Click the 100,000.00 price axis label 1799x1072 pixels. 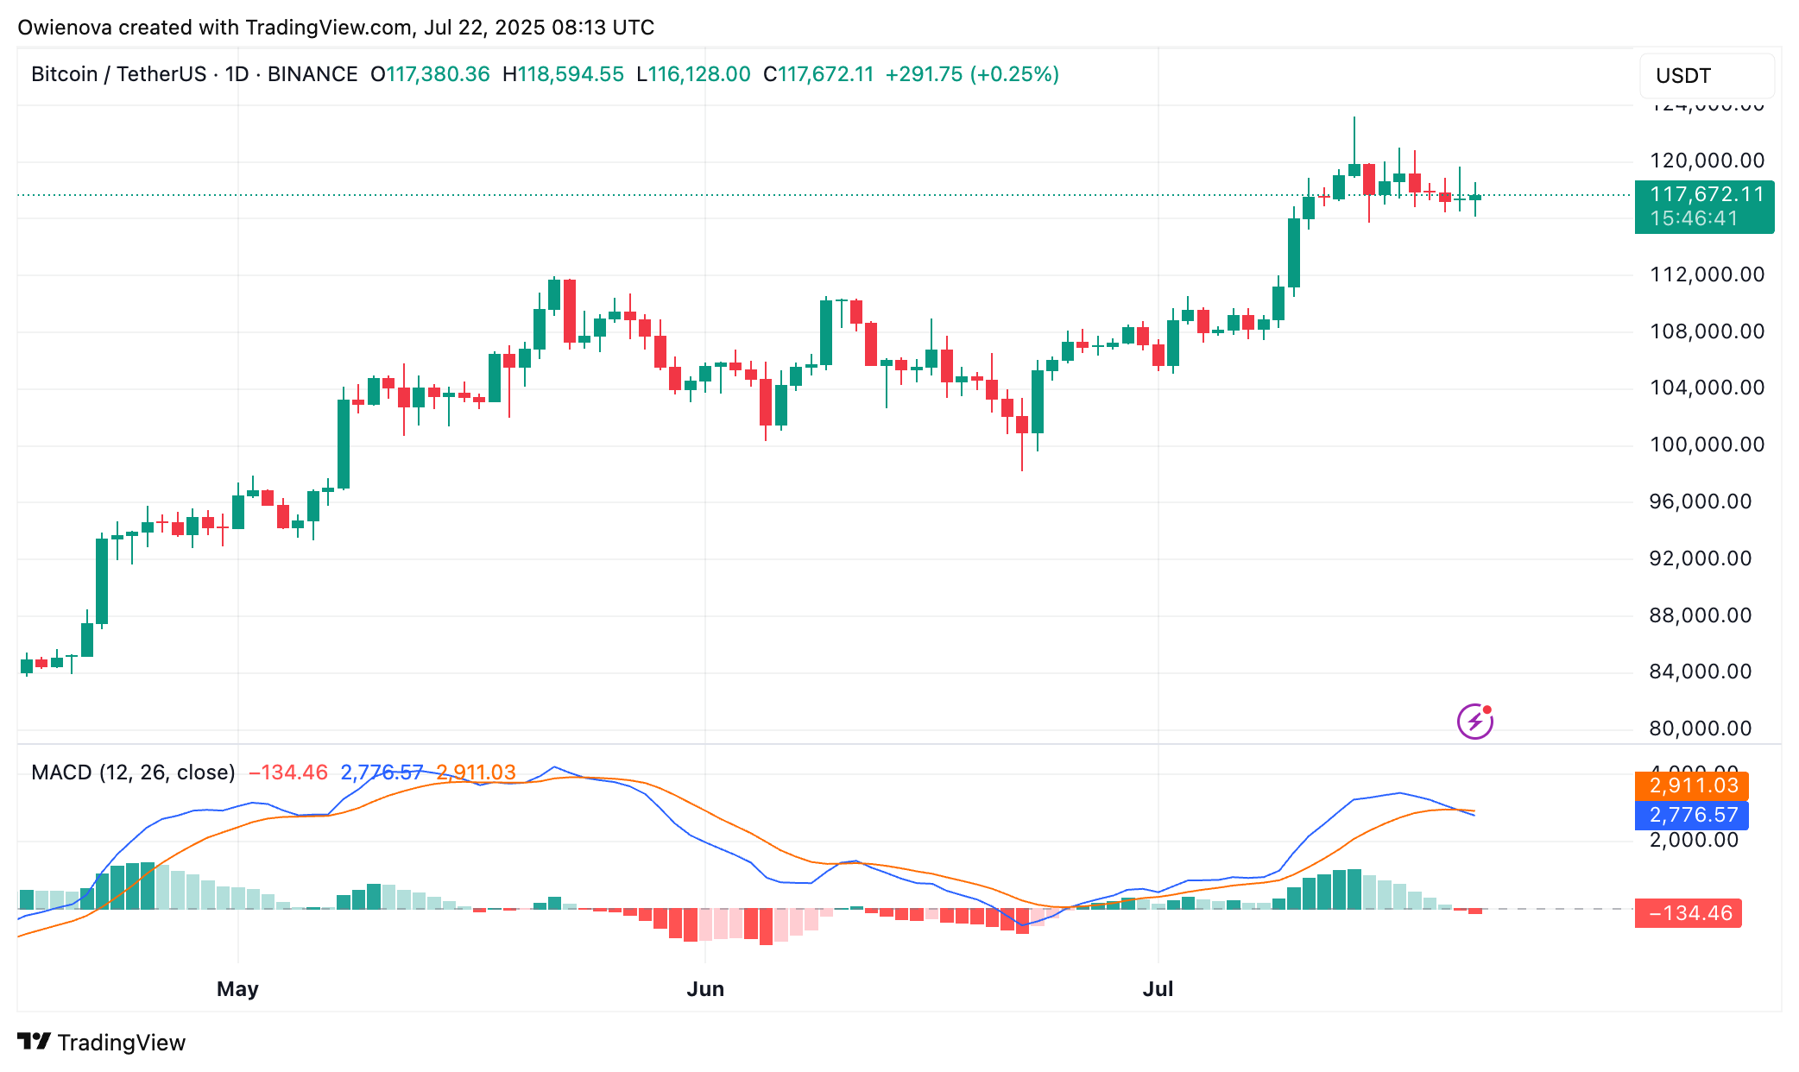point(1707,445)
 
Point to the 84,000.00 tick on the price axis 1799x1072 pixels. point(1700,672)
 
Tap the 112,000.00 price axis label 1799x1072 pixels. point(1707,275)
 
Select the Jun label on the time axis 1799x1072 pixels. point(705,989)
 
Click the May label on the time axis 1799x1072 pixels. point(237,989)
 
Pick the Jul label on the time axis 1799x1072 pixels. point(1158,989)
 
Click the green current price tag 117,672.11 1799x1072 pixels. point(1704,206)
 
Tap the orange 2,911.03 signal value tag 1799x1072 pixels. point(1692,786)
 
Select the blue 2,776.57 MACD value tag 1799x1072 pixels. point(1692,815)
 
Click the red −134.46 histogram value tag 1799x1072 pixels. point(1689,913)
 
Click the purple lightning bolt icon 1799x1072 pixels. point(1475,721)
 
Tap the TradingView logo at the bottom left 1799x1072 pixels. point(102,1043)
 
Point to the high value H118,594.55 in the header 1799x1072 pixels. point(563,74)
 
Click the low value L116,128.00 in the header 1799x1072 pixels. point(693,74)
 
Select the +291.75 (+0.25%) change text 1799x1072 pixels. point(972,74)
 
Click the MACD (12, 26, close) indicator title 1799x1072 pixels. point(133,772)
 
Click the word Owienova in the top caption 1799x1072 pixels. point(64,28)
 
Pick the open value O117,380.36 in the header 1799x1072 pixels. point(430,74)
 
